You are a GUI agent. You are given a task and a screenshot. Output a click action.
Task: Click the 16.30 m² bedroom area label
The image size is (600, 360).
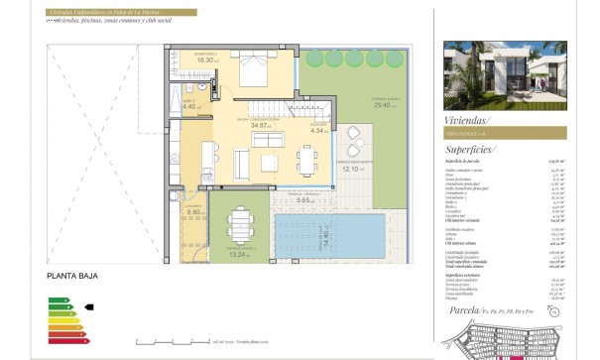pyautogui.click(x=206, y=60)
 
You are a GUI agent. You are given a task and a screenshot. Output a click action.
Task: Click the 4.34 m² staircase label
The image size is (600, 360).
pyautogui.click(x=318, y=130)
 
